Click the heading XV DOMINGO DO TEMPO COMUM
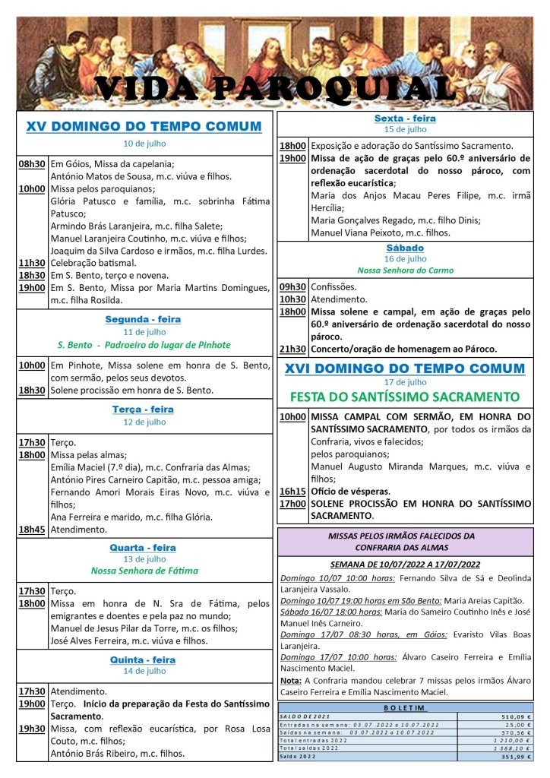(144, 126)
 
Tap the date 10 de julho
(144, 144)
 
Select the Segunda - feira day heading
(143, 319)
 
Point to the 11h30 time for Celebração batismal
(32, 263)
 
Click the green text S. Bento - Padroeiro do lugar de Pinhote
(144, 345)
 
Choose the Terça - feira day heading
(144, 410)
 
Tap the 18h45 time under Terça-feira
(32, 530)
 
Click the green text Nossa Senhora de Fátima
(144, 571)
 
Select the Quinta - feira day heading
(144, 659)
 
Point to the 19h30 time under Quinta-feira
(32, 729)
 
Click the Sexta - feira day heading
(405, 119)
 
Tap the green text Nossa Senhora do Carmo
(405, 270)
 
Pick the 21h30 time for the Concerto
(292, 349)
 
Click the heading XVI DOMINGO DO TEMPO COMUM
(405, 368)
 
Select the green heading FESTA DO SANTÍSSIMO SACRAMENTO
(405, 397)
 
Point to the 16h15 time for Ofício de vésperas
(292, 491)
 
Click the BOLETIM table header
(405, 707)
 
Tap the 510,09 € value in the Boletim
(515, 716)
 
